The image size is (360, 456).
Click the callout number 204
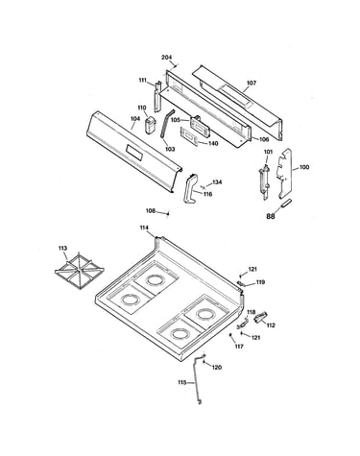(166, 58)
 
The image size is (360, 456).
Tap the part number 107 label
(252, 83)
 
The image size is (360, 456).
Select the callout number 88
(271, 216)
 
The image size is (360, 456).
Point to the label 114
(144, 228)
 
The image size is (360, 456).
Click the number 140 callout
(213, 143)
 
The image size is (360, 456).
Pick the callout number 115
(182, 382)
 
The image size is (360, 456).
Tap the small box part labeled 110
(151, 126)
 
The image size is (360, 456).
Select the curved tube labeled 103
(168, 123)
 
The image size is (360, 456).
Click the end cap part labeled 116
(191, 188)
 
